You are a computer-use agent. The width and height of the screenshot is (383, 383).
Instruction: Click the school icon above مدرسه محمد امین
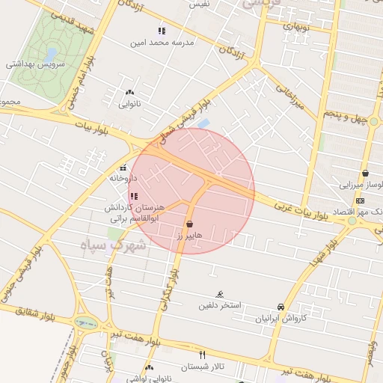[161, 31]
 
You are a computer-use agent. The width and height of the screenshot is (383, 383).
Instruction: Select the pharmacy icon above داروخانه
[123, 168]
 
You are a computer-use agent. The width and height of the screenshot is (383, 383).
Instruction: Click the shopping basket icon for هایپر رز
[189, 224]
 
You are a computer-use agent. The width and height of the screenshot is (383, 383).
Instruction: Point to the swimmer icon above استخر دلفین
[219, 294]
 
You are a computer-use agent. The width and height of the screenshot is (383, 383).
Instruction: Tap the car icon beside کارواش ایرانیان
[281, 307]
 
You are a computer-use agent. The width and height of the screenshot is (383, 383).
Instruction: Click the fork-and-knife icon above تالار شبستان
[202, 354]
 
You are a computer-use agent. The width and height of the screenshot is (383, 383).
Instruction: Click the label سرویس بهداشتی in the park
[36, 64]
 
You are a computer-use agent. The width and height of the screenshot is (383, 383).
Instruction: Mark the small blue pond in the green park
[50, 55]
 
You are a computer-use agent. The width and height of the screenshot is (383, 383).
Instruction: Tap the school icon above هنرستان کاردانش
[134, 196]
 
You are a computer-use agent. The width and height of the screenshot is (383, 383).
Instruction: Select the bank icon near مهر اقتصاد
[360, 200]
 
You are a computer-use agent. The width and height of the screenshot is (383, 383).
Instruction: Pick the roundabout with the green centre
[85, 324]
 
